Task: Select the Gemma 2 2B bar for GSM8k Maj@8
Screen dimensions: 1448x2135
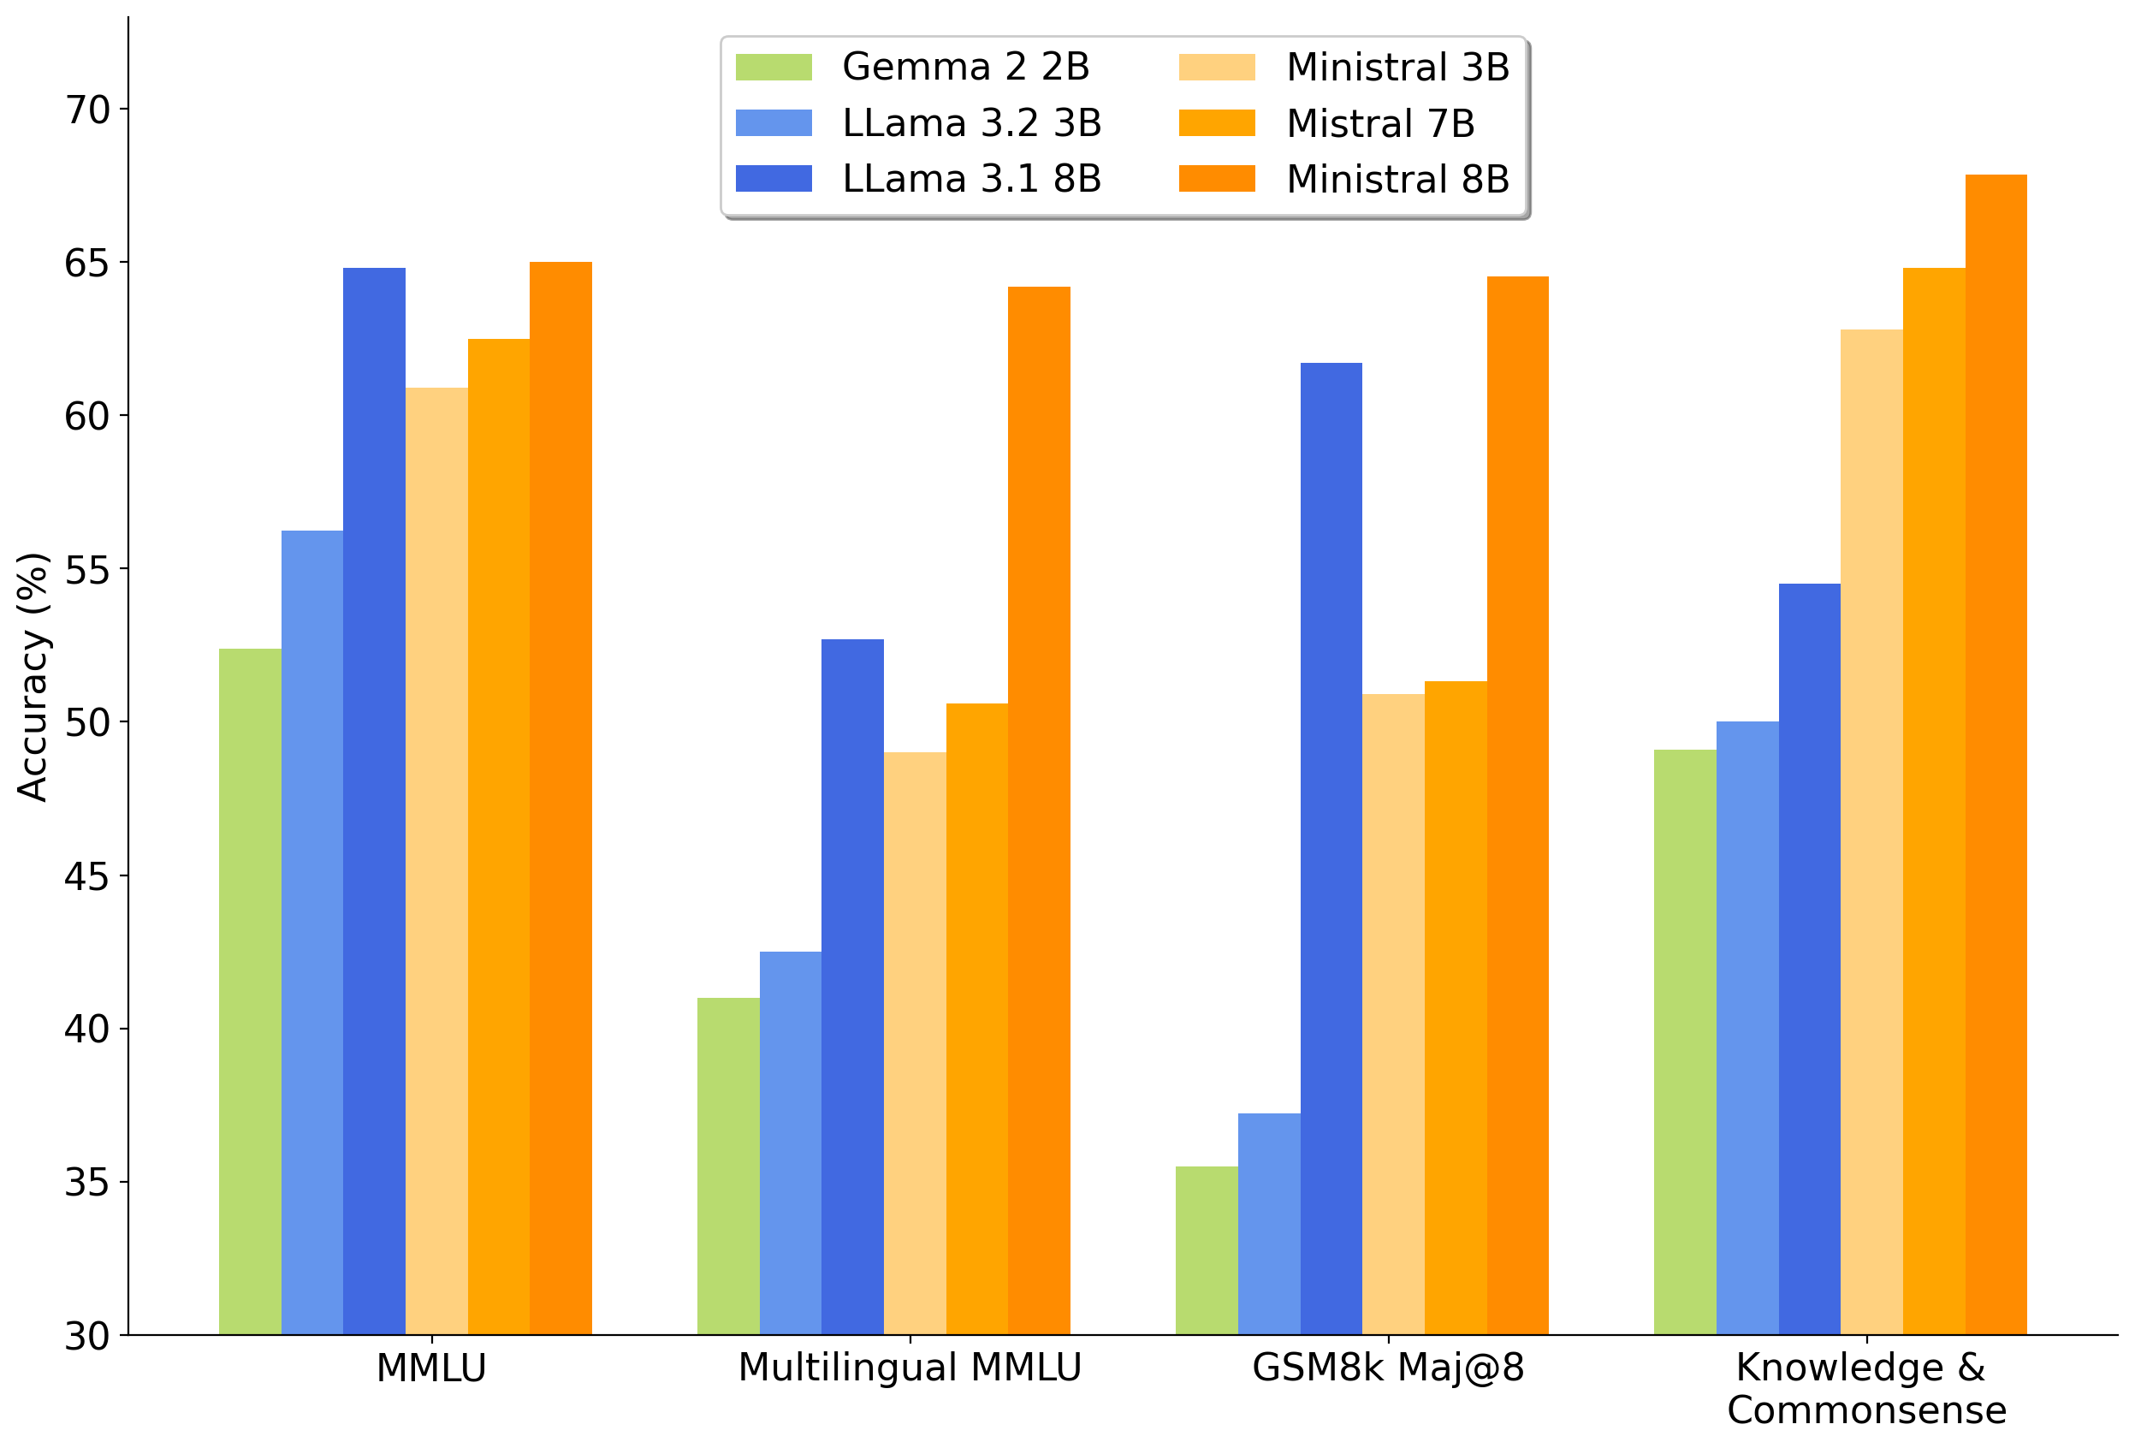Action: (1207, 1249)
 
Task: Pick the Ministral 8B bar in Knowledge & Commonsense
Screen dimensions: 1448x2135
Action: (1996, 753)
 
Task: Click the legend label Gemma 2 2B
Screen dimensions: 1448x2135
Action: (965, 67)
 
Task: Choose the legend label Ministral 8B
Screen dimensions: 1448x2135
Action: (1397, 179)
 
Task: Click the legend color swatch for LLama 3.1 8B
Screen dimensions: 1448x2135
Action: (774, 178)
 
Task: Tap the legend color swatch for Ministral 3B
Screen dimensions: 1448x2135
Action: (1216, 67)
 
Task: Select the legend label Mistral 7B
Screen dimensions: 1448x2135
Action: (1380, 123)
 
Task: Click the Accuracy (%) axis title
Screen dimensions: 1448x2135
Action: (33, 677)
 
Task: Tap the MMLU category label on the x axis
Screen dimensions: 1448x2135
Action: (431, 1369)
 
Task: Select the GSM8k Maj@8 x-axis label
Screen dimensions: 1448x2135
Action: (1387, 1368)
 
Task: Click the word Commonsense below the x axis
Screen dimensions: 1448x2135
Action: (1865, 1410)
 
